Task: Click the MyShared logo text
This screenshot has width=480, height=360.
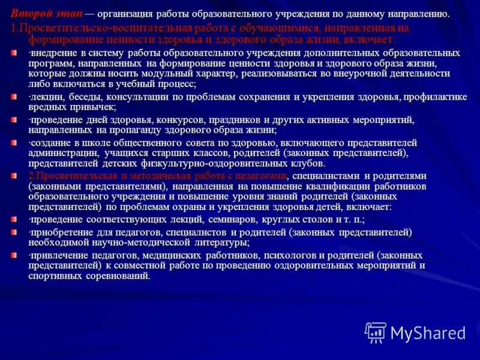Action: pyautogui.click(x=427, y=333)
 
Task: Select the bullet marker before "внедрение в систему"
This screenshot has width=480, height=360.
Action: pyautogui.click(x=14, y=53)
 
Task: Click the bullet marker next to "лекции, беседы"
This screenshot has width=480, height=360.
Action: pyautogui.click(x=14, y=97)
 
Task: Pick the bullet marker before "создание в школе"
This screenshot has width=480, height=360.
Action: pyautogui.click(x=14, y=143)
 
